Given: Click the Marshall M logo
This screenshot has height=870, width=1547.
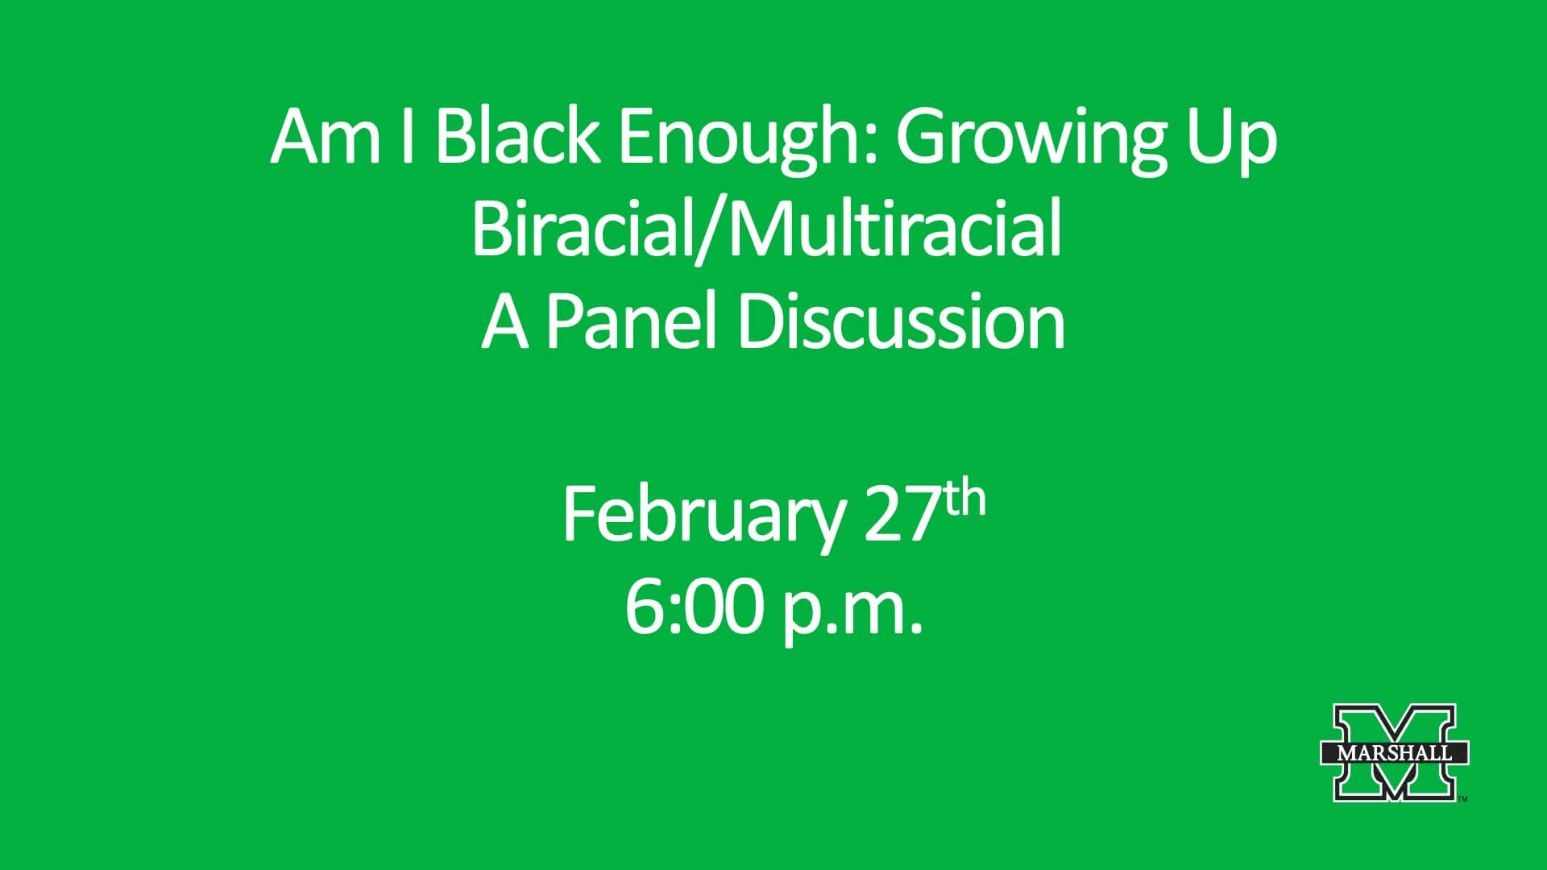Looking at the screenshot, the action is (1394, 752).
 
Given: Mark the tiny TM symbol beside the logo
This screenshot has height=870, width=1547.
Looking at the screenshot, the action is (1463, 799).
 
